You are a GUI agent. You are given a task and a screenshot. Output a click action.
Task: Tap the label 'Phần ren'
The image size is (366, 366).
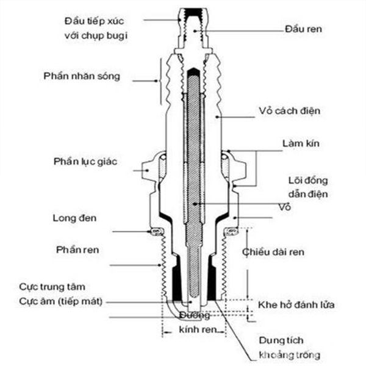point(77,250)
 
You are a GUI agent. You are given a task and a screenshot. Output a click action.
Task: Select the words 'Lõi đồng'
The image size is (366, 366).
point(308,181)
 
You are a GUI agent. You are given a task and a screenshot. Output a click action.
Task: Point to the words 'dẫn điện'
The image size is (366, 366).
point(309,194)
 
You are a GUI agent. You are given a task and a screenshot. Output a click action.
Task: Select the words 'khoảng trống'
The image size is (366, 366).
point(288,354)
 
